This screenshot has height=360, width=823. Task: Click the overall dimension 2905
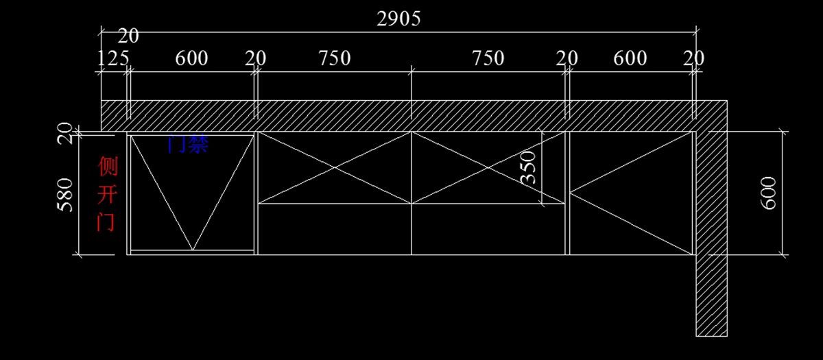click(x=398, y=19)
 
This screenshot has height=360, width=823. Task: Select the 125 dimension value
click(x=113, y=58)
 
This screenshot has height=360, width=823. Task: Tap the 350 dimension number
click(x=529, y=167)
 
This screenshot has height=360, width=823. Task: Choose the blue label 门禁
click(x=187, y=144)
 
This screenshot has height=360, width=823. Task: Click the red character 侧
click(x=107, y=166)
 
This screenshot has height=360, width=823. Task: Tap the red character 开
click(x=107, y=195)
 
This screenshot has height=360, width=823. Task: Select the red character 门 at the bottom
click(x=106, y=222)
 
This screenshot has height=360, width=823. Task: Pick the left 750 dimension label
click(x=335, y=58)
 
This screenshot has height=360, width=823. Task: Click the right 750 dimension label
click(x=488, y=58)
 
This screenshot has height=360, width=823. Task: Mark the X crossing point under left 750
click(x=335, y=167)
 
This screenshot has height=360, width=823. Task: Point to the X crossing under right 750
click(x=488, y=167)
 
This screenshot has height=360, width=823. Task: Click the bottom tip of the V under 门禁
click(x=193, y=249)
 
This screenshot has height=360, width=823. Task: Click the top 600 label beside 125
click(x=191, y=58)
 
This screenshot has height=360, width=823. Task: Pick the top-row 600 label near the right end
click(x=630, y=58)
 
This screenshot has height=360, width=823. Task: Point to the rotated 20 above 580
click(x=64, y=133)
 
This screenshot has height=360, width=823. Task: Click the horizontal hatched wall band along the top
click(x=411, y=115)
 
